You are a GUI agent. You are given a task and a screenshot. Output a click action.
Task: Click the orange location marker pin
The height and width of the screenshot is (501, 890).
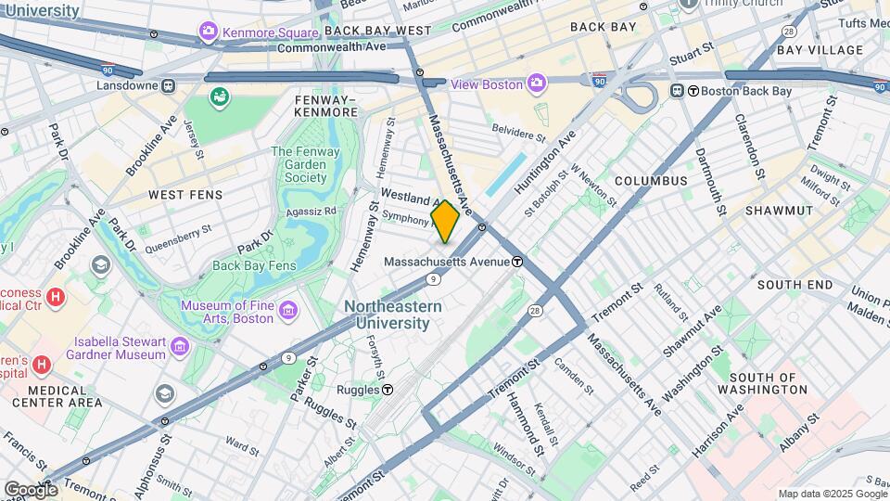coord(445,221)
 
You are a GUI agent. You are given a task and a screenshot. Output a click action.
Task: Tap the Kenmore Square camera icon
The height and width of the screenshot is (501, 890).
coord(209,32)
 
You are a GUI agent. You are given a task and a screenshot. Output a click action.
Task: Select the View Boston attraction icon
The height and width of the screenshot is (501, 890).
coord(536,84)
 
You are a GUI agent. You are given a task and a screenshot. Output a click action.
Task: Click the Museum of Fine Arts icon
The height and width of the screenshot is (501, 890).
coord(287,310)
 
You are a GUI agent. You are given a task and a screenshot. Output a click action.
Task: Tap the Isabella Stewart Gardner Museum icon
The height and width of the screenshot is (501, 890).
coord(180,346)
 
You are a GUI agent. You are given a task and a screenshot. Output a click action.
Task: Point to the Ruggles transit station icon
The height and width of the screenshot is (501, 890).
coord(388,391)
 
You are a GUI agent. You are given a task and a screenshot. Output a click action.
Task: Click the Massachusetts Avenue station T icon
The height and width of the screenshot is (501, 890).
coord(518,262)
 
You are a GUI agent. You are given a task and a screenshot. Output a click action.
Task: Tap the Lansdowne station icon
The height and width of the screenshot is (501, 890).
coord(168,84)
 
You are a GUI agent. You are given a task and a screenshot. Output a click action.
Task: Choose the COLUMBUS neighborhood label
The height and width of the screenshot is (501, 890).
coord(650,181)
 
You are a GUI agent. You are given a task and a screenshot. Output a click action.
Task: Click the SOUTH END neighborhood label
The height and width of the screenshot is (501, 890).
coord(795,285)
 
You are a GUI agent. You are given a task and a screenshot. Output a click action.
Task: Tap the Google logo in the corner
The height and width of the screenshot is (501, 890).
coord(31,489)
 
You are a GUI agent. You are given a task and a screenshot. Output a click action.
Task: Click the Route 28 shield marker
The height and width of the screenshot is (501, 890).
coord(535,310)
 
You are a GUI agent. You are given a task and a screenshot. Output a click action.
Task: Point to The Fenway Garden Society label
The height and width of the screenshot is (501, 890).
coord(305,164)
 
